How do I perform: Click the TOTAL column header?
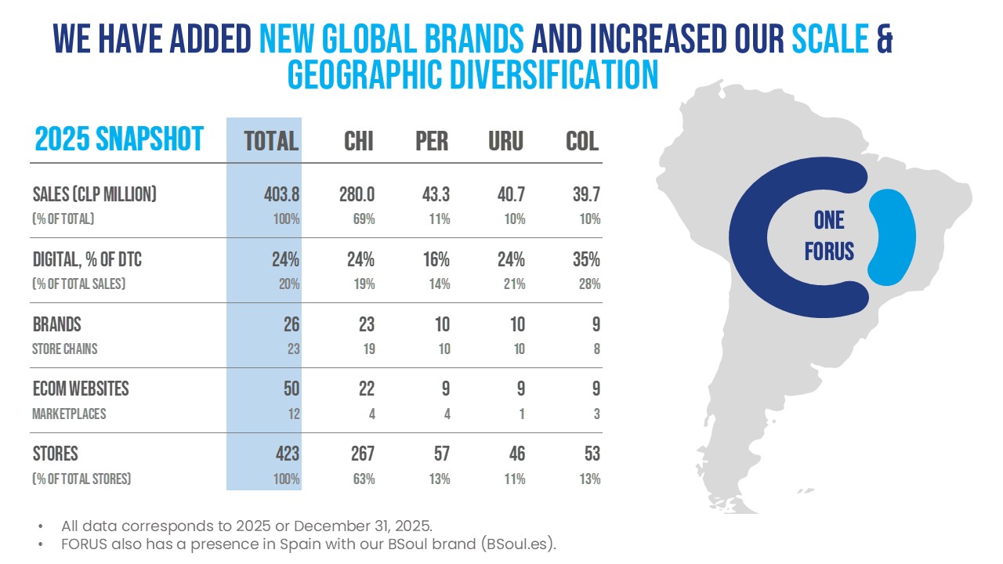coord(271,142)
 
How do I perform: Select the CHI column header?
coord(358,142)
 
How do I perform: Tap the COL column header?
coord(582,142)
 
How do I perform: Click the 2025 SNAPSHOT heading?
coord(119,139)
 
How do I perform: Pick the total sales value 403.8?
coord(281,195)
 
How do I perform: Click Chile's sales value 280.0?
coord(357,195)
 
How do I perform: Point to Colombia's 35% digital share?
coord(586,259)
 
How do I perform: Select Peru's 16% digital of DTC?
coord(436,259)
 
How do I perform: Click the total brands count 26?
coord(291,324)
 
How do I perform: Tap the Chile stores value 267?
coord(363,454)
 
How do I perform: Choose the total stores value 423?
coord(288,454)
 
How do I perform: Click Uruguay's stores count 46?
coord(516,454)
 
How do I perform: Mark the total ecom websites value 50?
coord(291,389)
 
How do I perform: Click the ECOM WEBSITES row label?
coord(81,389)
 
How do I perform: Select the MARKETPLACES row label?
coord(69,414)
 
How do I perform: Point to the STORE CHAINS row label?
coord(64,349)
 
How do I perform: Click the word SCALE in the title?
coord(830,38)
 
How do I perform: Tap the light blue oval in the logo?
coord(892,237)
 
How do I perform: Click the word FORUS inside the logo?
coord(829,251)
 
